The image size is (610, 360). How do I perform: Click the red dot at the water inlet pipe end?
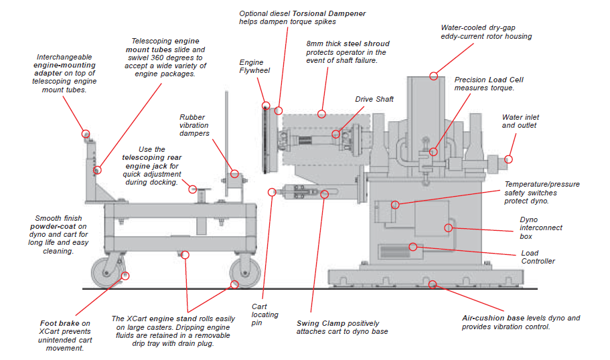[x=508, y=159]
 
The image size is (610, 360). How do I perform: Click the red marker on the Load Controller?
[x=413, y=247]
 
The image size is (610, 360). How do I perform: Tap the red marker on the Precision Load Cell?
[x=433, y=152]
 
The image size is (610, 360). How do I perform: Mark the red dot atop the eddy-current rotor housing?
[x=434, y=76]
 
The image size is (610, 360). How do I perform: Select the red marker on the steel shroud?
[x=322, y=114]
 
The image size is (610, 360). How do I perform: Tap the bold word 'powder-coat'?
[x=60, y=226]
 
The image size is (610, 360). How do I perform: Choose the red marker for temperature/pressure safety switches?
[x=396, y=204]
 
